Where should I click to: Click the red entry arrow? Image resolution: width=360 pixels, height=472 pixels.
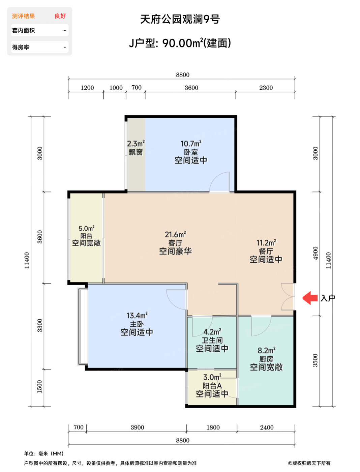click(310, 298)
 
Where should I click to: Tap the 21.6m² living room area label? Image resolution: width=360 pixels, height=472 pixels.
click(175, 234)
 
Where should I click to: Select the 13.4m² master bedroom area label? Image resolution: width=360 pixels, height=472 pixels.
click(137, 316)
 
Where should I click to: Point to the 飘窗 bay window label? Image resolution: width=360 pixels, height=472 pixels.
click(136, 152)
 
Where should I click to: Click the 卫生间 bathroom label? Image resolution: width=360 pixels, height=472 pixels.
click(212, 340)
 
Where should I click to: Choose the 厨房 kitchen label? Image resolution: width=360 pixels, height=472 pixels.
click(266, 359)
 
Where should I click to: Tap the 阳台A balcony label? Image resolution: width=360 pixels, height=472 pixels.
click(212, 386)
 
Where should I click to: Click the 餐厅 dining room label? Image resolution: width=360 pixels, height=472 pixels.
click(266, 251)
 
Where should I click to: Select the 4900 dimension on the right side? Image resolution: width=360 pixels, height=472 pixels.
click(315, 253)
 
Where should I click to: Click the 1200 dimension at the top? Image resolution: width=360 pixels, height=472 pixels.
click(87, 88)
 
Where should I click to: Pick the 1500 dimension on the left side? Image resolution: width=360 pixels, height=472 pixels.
click(39, 387)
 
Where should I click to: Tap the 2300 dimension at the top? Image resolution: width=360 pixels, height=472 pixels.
click(266, 88)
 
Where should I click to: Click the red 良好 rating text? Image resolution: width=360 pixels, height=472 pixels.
click(60, 16)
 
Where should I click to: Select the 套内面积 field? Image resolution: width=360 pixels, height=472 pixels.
click(40, 30)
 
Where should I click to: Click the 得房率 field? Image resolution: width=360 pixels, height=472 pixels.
click(40, 47)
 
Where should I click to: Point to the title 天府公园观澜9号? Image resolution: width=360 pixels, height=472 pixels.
click(180, 19)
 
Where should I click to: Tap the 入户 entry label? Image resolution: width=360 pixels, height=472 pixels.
click(328, 298)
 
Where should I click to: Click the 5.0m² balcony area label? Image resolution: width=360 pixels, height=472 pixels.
click(86, 228)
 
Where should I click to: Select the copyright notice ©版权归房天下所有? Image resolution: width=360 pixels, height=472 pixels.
click(309, 463)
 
